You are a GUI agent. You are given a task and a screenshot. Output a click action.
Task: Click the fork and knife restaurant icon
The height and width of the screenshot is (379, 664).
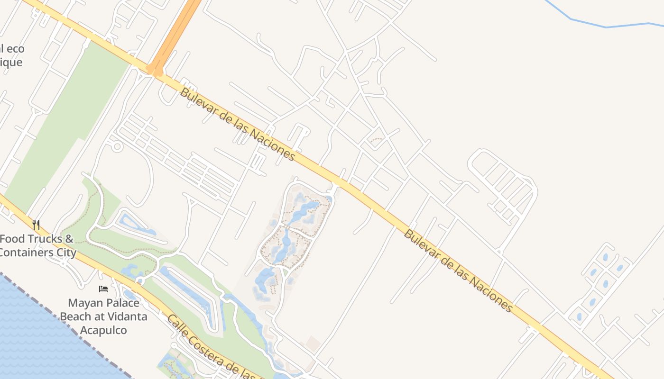(36, 225)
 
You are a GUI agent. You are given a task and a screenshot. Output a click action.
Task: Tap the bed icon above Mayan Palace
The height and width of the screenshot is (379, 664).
(103, 289)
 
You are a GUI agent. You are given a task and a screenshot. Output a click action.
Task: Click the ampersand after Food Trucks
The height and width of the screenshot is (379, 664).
(69, 239)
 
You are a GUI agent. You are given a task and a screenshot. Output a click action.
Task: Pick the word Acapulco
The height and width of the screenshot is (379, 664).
(103, 330)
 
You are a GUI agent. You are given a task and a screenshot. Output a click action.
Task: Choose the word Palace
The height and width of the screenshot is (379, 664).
(120, 303)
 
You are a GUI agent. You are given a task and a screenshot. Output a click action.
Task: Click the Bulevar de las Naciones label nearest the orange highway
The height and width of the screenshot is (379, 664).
(237, 125)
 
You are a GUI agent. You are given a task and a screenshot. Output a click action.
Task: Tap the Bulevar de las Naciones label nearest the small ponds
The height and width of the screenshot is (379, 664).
(458, 271)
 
